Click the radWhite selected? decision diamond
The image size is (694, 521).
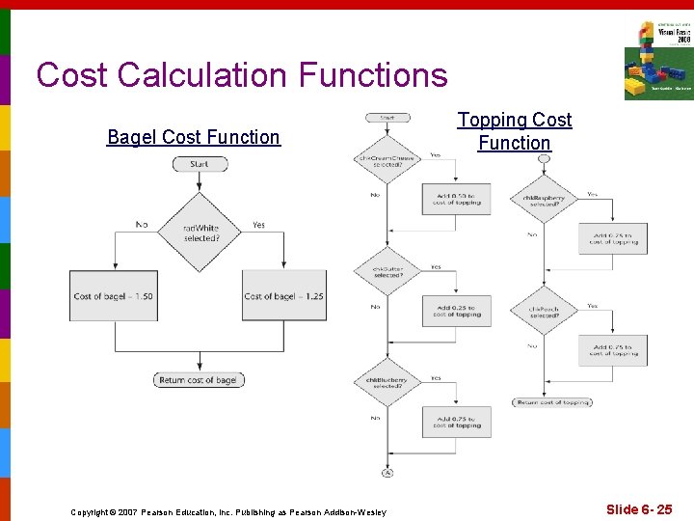click(200, 233)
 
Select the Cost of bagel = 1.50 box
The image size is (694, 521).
click(114, 295)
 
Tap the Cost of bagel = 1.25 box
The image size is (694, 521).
click(284, 295)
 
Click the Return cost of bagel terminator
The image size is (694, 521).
click(199, 380)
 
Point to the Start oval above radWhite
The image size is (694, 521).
click(200, 164)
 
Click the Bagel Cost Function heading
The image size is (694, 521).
click(193, 137)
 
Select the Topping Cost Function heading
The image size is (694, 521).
click(514, 131)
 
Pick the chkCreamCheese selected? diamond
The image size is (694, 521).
click(387, 161)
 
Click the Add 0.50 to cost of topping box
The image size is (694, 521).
click(456, 199)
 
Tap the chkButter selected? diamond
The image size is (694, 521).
click(387, 272)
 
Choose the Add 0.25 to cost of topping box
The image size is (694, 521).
click(456, 310)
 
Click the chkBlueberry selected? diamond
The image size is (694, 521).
click(387, 383)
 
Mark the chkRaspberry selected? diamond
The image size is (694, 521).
click(544, 200)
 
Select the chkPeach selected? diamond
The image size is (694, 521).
click(544, 311)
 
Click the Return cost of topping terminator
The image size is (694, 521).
click(552, 401)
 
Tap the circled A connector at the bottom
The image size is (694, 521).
click(387, 473)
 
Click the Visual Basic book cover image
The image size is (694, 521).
click(658, 61)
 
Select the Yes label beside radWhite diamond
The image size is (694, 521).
click(258, 225)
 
